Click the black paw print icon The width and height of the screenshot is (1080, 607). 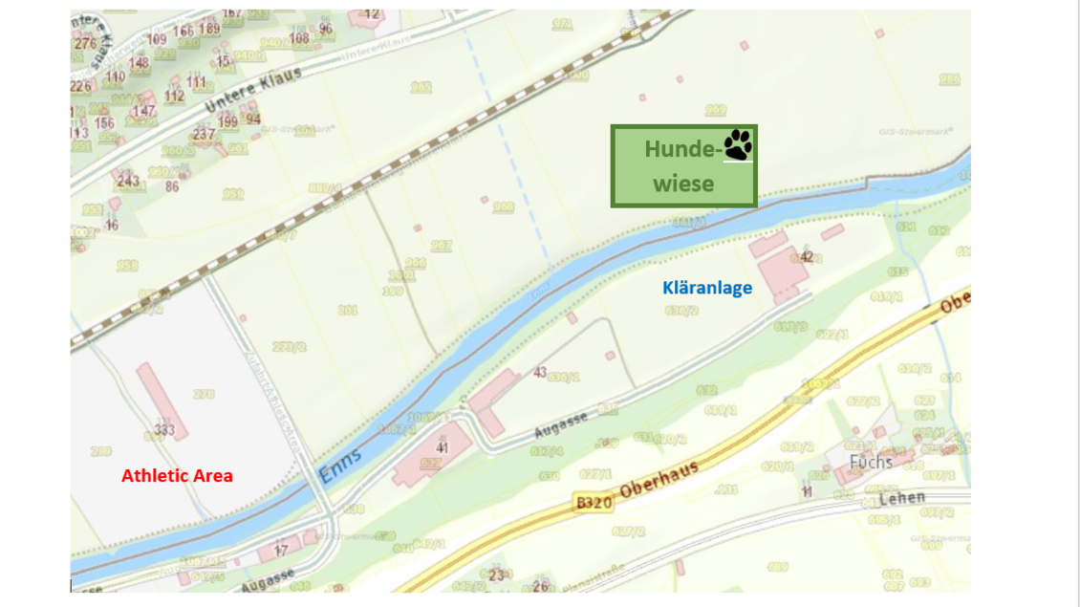click(x=737, y=145)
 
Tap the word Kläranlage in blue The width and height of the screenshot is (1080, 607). click(x=707, y=287)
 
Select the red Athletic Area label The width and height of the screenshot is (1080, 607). click(x=177, y=475)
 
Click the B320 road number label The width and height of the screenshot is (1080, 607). click(x=594, y=500)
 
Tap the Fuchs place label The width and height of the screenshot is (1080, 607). click(x=871, y=462)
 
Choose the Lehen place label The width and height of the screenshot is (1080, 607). click(x=902, y=497)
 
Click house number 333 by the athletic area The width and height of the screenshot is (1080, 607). click(x=164, y=431)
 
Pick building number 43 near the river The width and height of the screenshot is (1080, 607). click(x=540, y=371)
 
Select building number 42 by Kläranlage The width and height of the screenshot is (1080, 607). click(x=807, y=256)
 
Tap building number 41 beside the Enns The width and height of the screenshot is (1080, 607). click(x=442, y=446)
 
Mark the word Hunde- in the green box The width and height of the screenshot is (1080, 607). click(x=680, y=149)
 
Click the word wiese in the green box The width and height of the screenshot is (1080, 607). click(x=683, y=183)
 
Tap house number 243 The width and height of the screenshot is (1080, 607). click(x=127, y=180)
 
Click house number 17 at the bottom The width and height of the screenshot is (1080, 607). click(x=281, y=551)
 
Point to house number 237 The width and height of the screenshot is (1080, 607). click(x=204, y=134)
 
